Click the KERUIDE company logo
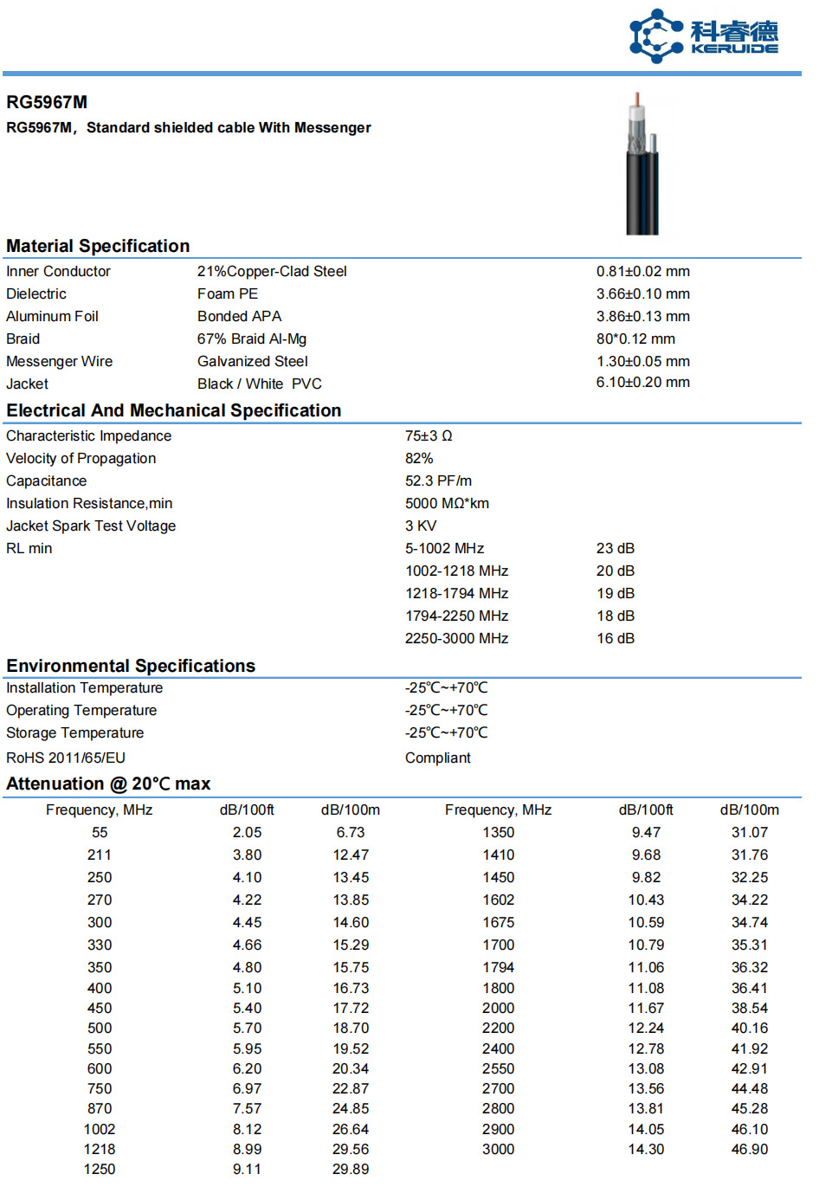coord(702,36)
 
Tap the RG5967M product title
coord(47,102)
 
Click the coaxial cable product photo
coord(642,165)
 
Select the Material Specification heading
coord(98,246)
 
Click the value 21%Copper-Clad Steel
coord(272,271)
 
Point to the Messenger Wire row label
coord(59,361)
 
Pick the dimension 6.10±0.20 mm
coord(642,382)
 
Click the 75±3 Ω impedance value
coord(429,435)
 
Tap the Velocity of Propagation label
coord(81,458)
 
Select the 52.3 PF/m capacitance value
coord(438,481)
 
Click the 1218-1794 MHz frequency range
coord(456,593)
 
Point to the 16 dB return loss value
coord(615,638)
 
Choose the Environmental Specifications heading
coord(131,666)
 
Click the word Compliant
coord(437,758)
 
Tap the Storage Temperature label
coord(74,732)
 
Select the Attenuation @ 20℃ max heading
coord(108,784)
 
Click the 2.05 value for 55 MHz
coord(247,832)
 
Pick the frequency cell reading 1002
coord(100,1129)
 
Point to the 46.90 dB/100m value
coord(749,1149)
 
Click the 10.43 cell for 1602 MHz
coord(646,900)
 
